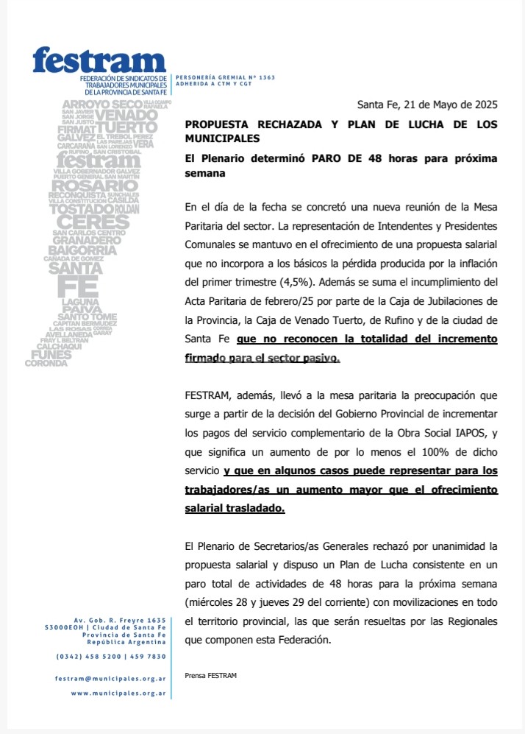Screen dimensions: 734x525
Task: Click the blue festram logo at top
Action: point(99,60)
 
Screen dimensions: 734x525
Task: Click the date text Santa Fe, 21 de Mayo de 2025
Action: point(427,105)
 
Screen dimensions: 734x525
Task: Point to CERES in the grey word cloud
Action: point(87,222)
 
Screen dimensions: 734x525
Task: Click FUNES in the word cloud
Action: point(51,354)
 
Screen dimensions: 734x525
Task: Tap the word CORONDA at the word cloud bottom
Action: point(46,363)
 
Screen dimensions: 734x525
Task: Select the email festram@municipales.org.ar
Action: point(110,678)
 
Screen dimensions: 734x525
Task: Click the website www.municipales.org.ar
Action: point(118,693)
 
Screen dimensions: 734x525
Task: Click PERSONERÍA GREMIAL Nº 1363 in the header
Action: point(225,77)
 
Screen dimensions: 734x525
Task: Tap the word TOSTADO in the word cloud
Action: point(79,209)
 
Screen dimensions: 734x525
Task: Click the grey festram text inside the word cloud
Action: point(86,160)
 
